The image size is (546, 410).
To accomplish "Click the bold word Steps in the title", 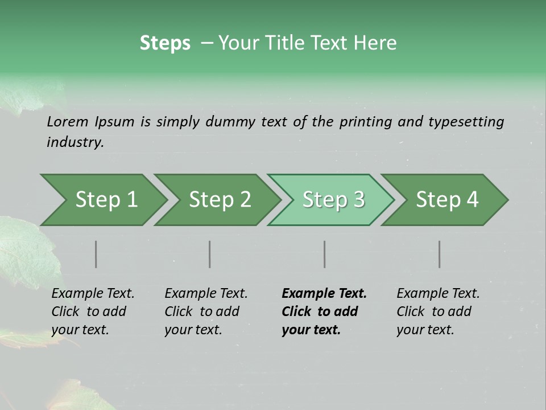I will (x=165, y=43).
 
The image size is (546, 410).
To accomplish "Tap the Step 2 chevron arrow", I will (x=220, y=199).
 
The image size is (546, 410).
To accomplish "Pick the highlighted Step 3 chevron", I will (x=333, y=199).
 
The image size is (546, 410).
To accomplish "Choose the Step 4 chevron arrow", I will (x=447, y=199).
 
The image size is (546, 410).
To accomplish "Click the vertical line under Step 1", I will (x=96, y=254).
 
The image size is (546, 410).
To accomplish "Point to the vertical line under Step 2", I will (x=210, y=254).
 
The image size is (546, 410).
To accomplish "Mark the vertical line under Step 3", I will (x=325, y=254).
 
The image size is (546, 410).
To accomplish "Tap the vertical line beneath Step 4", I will (x=440, y=254).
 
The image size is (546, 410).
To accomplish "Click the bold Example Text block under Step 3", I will (x=324, y=311).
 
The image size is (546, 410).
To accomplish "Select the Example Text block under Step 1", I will (x=93, y=311).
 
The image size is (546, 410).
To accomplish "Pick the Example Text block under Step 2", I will (x=206, y=311).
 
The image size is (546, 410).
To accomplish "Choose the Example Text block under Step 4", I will (x=438, y=311).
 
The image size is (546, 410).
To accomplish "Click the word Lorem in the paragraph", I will (x=68, y=122).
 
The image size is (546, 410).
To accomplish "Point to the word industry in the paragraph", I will (x=75, y=142).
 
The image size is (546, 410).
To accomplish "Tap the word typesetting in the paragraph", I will (x=466, y=122).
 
